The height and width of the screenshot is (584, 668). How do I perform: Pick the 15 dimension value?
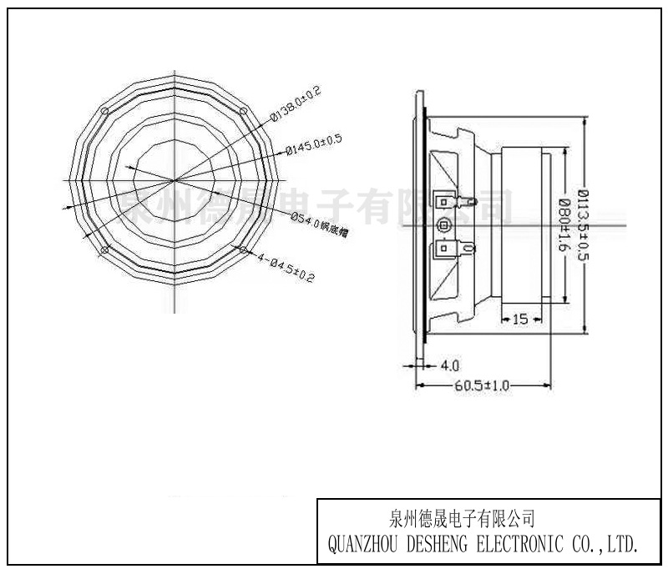click(519, 319)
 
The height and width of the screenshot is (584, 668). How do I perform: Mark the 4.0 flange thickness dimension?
click(449, 365)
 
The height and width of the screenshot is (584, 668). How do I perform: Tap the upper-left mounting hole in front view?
click(104, 111)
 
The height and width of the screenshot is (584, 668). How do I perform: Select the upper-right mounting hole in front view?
click(243, 111)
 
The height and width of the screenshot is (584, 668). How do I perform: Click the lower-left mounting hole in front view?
click(104, 249)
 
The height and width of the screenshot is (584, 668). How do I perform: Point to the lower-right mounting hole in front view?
click(243, 249)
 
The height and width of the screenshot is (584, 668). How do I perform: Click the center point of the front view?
click(174, 180)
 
